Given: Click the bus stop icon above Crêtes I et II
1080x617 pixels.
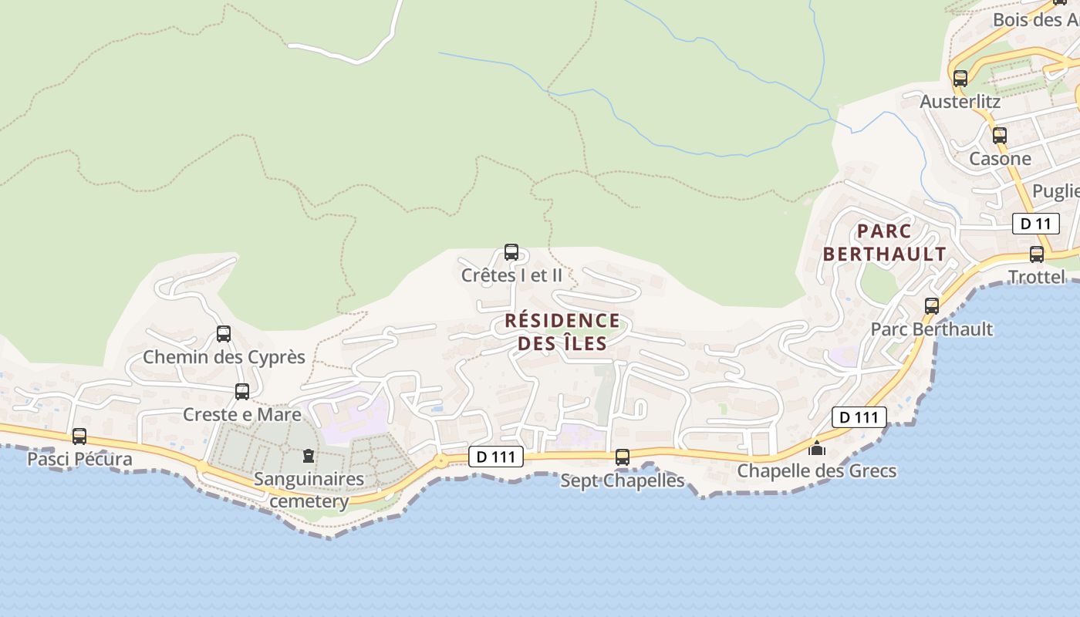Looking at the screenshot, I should [511, 251].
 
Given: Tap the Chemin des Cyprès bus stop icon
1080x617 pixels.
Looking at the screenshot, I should [224, 334].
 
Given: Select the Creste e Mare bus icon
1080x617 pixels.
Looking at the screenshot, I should [242, 392].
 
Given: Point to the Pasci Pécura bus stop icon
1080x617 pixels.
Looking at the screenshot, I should [79, 437].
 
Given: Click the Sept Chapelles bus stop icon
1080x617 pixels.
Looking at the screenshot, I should [623, 457].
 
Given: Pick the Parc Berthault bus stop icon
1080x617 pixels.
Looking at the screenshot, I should [932, 306].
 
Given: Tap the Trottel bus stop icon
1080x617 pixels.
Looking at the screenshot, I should [1037, 255].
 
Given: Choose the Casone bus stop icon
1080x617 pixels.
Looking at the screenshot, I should [1000, 136].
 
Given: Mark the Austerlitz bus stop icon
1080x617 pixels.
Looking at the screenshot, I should [960, 79].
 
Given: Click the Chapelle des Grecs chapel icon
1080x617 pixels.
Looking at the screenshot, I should [817, 448].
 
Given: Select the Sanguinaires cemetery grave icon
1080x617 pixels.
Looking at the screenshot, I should [309, 456].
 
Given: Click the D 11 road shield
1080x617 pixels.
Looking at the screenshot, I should [1035, 224].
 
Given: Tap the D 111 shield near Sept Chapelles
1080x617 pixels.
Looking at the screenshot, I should [496, 457].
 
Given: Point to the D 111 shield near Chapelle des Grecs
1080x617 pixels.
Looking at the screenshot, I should [859, 417].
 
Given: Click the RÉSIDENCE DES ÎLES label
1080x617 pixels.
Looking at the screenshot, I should [562, 332].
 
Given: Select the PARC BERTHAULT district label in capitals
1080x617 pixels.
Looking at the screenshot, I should [884, 242].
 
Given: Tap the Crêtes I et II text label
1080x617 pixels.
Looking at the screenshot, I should [511, 275].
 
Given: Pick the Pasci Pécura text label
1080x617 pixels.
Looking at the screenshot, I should [79, 459].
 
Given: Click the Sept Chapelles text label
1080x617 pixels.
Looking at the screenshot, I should [622, 480].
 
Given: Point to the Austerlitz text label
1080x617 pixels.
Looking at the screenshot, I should [960, 101].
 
